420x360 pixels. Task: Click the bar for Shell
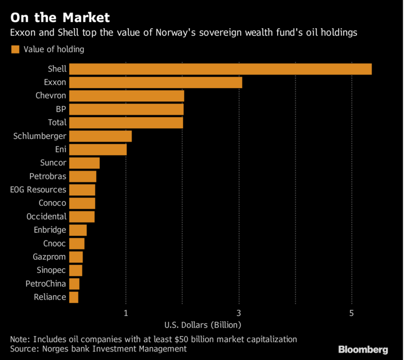click(220, 69)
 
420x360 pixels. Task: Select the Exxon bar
click(155, 82)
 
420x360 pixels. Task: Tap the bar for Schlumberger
click(100, 136)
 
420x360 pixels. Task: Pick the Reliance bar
click(73, 297)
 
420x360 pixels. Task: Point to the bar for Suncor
click(85, 163)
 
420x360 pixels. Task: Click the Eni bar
click(98, 150)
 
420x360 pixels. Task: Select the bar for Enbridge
click(78, 230)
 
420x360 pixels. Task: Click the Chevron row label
click(51, 96)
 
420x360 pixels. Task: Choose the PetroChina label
click(46, 284)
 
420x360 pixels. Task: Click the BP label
click(61, 109)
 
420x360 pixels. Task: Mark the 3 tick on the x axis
click(239, 313)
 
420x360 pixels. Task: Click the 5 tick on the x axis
click(352, 313)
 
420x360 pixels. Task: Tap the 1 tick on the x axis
click(126, 313)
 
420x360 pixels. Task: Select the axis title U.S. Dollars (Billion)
click(202, 324)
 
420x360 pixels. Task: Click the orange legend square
click(15, 49)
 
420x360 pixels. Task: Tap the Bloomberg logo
click(363, 349)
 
